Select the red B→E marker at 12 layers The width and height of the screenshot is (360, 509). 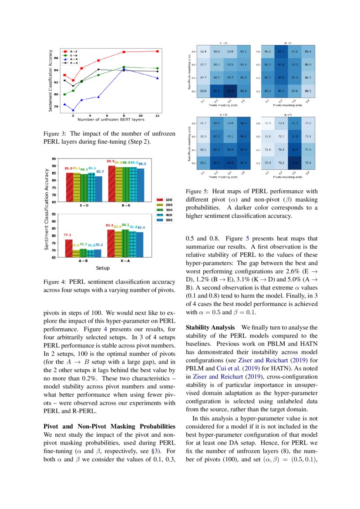(x=157, y=51)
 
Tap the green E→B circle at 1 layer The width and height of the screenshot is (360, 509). (x=64, y=94)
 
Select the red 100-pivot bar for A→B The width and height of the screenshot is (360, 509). (x=69, y=248)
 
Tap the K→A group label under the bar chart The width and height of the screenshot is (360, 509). (x=126, y=261)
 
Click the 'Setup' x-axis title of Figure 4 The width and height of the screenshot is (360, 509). (x=103, y=268)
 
